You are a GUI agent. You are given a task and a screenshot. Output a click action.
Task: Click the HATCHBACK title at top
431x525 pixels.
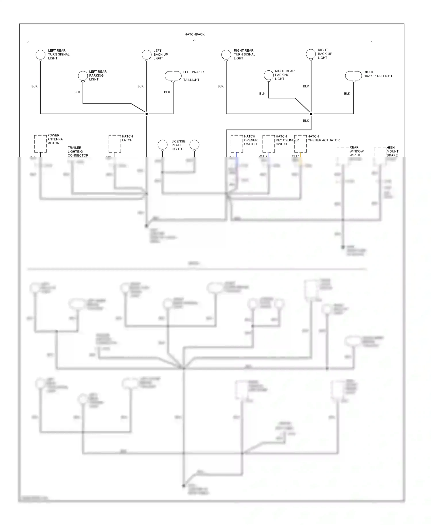[x=195, y=34]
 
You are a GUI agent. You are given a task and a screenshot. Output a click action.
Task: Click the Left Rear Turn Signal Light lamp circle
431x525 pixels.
[x=40, y=54]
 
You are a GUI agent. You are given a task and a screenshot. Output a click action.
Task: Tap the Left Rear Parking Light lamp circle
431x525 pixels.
[x=83, y=76]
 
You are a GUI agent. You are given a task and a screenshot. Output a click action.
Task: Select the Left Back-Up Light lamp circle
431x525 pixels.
[x=147, y=54]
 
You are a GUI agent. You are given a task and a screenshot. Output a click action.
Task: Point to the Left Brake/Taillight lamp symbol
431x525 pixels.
[x=173, y=76]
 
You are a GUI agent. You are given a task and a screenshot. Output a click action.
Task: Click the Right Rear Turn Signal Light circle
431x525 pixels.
[x=226, y=54]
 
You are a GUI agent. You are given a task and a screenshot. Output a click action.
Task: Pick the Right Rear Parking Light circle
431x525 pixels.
[x=269, y=75]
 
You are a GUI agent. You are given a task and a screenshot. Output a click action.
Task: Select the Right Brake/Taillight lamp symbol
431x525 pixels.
[x=353, y=76]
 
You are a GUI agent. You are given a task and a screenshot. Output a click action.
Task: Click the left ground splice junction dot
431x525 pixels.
[x=147, y=114]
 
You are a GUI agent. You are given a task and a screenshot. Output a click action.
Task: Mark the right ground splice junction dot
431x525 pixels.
[x=311, y=114]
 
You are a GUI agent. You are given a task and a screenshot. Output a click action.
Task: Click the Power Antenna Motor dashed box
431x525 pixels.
[x=40, y=144]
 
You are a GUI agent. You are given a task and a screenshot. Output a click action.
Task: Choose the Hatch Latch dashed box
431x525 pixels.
[x=115, y=144]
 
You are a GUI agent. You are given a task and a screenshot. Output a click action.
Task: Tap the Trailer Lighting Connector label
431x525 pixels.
[x=78, y=151]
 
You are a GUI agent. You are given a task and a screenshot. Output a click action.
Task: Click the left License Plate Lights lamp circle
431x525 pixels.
[x=163, y=144]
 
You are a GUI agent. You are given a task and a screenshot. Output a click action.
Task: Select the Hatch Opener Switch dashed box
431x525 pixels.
[x=237, y=144]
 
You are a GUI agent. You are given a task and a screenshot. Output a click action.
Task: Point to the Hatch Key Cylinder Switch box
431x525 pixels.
[x=269, y=144]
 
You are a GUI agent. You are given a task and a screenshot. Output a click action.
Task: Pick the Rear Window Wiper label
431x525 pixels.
[x=356, y=151]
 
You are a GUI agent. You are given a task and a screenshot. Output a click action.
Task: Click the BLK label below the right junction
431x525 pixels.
[x=306, y=121]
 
